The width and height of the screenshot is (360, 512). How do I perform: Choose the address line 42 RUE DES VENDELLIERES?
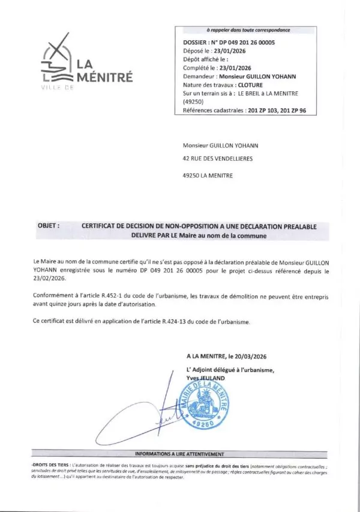coord(217,158)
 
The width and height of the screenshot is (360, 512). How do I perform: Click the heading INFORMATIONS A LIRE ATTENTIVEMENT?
coord(180,454)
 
